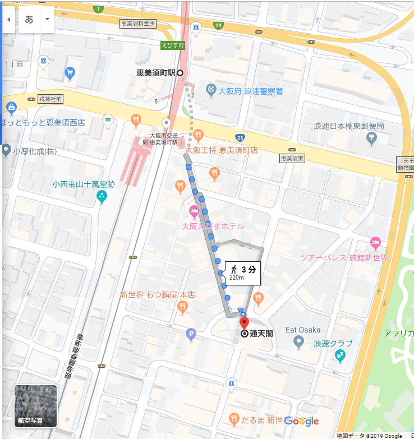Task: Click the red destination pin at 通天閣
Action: click(x=244, y=324)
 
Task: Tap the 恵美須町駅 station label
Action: click(x=156, y=73)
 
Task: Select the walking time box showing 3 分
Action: click(x=243, y=272)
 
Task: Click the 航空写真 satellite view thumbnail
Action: click(x=35, y=406)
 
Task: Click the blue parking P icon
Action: click(x=191, y=335)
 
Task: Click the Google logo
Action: click(x=301, y=421)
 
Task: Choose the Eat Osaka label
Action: click(x=303, y=330)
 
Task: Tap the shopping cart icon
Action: click(x=70, y=73)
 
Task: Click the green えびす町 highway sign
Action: click(x=172, y=45)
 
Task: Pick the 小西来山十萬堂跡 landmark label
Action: click(x=84, y=184)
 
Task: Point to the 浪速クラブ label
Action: click(x=333, y=343)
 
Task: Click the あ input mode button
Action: click(x=29, y=19)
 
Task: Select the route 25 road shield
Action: click(x=240, y=138)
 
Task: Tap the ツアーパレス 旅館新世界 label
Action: click(x=344, y=257)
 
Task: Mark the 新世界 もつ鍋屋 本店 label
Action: click(x=157, y=294)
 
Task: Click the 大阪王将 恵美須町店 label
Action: click(x=222, y=150)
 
